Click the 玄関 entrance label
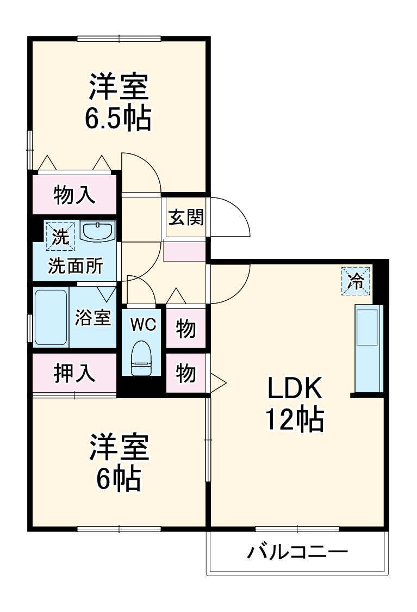(186, 217)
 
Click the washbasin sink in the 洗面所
(97, 231)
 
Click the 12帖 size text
(294, 419)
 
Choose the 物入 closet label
(75, 194)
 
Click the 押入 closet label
(75, 373)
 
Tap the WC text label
(143, 324)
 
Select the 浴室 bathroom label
(93, 318)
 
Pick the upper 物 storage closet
(186, 329)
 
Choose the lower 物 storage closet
(186, 373)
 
